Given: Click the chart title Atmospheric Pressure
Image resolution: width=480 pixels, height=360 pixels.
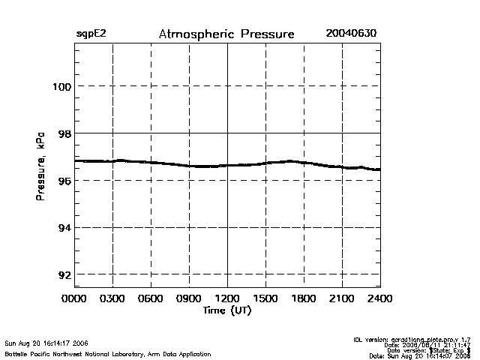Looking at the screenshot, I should [x=226, y=34].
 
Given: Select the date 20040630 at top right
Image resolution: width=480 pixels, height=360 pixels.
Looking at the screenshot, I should [x=350, y=34].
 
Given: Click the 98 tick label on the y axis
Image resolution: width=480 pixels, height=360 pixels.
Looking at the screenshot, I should [x=64, y=133].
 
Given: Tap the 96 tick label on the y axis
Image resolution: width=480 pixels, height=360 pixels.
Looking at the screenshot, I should [x=64, y=181].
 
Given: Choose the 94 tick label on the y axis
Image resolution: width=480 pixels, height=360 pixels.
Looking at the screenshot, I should [x=64, y=228].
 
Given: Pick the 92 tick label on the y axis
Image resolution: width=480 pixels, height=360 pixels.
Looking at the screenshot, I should [x=64, y=275].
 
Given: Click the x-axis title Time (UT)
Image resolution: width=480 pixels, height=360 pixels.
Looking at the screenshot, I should [x=226, y=310].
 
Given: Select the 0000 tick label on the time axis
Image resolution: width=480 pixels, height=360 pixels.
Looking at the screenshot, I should [x=74, y=298].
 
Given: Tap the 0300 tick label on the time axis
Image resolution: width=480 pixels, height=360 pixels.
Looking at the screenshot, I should [x=112, y=298].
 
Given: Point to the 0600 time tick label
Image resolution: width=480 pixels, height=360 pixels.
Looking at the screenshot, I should [x=151, y=298].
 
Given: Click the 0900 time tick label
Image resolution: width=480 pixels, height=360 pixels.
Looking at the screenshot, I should [x=189, y=298].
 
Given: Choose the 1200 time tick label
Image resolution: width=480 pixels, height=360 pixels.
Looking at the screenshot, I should [x=227, y=298].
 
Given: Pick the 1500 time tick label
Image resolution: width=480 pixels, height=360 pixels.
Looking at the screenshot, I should [x=265, y=298].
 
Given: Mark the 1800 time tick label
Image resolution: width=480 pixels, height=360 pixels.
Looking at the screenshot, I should [x=304, y=298].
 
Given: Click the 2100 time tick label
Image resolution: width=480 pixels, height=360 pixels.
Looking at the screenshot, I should [x=342, y=298].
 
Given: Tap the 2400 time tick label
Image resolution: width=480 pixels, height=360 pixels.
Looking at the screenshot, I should [x=379, y=298].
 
